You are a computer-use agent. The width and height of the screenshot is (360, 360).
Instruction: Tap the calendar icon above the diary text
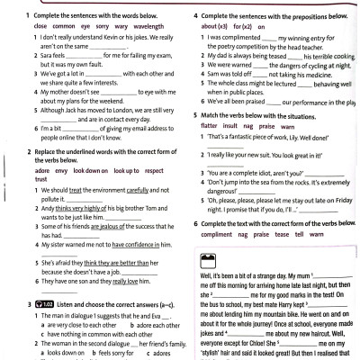(205, 262)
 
